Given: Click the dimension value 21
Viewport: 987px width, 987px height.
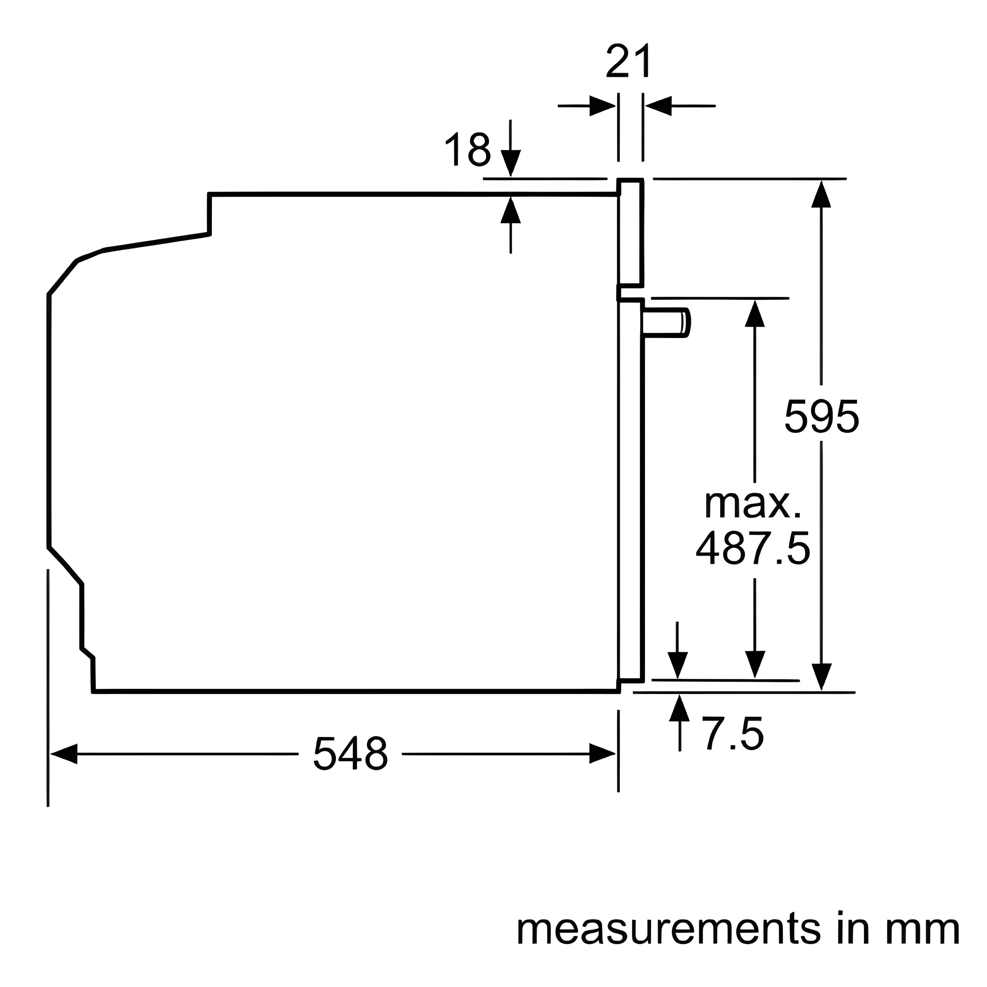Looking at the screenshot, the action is click(629, 61).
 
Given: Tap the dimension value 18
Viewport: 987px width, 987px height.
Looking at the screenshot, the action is click(468, 149).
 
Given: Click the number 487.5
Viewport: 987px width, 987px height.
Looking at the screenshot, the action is click(753, 548).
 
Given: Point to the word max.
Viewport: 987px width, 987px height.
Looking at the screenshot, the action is click(753, 504).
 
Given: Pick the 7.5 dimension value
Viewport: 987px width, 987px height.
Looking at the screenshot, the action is click(734, 734).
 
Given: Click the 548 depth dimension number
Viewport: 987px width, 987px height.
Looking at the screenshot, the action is click(350, 753).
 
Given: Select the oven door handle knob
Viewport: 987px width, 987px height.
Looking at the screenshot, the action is click(667, 322).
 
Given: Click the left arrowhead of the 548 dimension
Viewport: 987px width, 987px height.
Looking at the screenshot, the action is click(64, 753).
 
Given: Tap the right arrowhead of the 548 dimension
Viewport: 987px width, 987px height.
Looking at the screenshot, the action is click(602, 753).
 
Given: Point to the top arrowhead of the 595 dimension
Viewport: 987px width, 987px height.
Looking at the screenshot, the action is click(821, 194).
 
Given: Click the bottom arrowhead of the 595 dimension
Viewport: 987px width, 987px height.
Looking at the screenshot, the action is click(821, 677).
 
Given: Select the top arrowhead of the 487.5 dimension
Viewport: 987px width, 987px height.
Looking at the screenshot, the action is click(755, 313).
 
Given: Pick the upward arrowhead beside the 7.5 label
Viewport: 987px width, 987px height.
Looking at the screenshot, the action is click(679, 707).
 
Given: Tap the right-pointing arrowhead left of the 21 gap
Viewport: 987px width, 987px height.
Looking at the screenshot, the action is click(602, 106).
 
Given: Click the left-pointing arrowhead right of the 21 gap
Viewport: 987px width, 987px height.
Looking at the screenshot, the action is click(658, 106).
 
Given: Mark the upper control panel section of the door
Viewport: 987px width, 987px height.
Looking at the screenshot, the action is click(630, 233).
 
